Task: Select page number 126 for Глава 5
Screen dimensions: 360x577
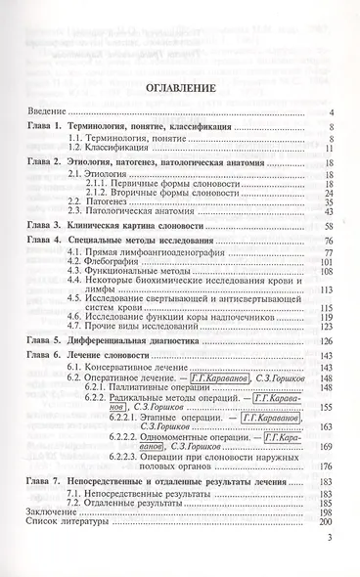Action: [328, 371]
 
